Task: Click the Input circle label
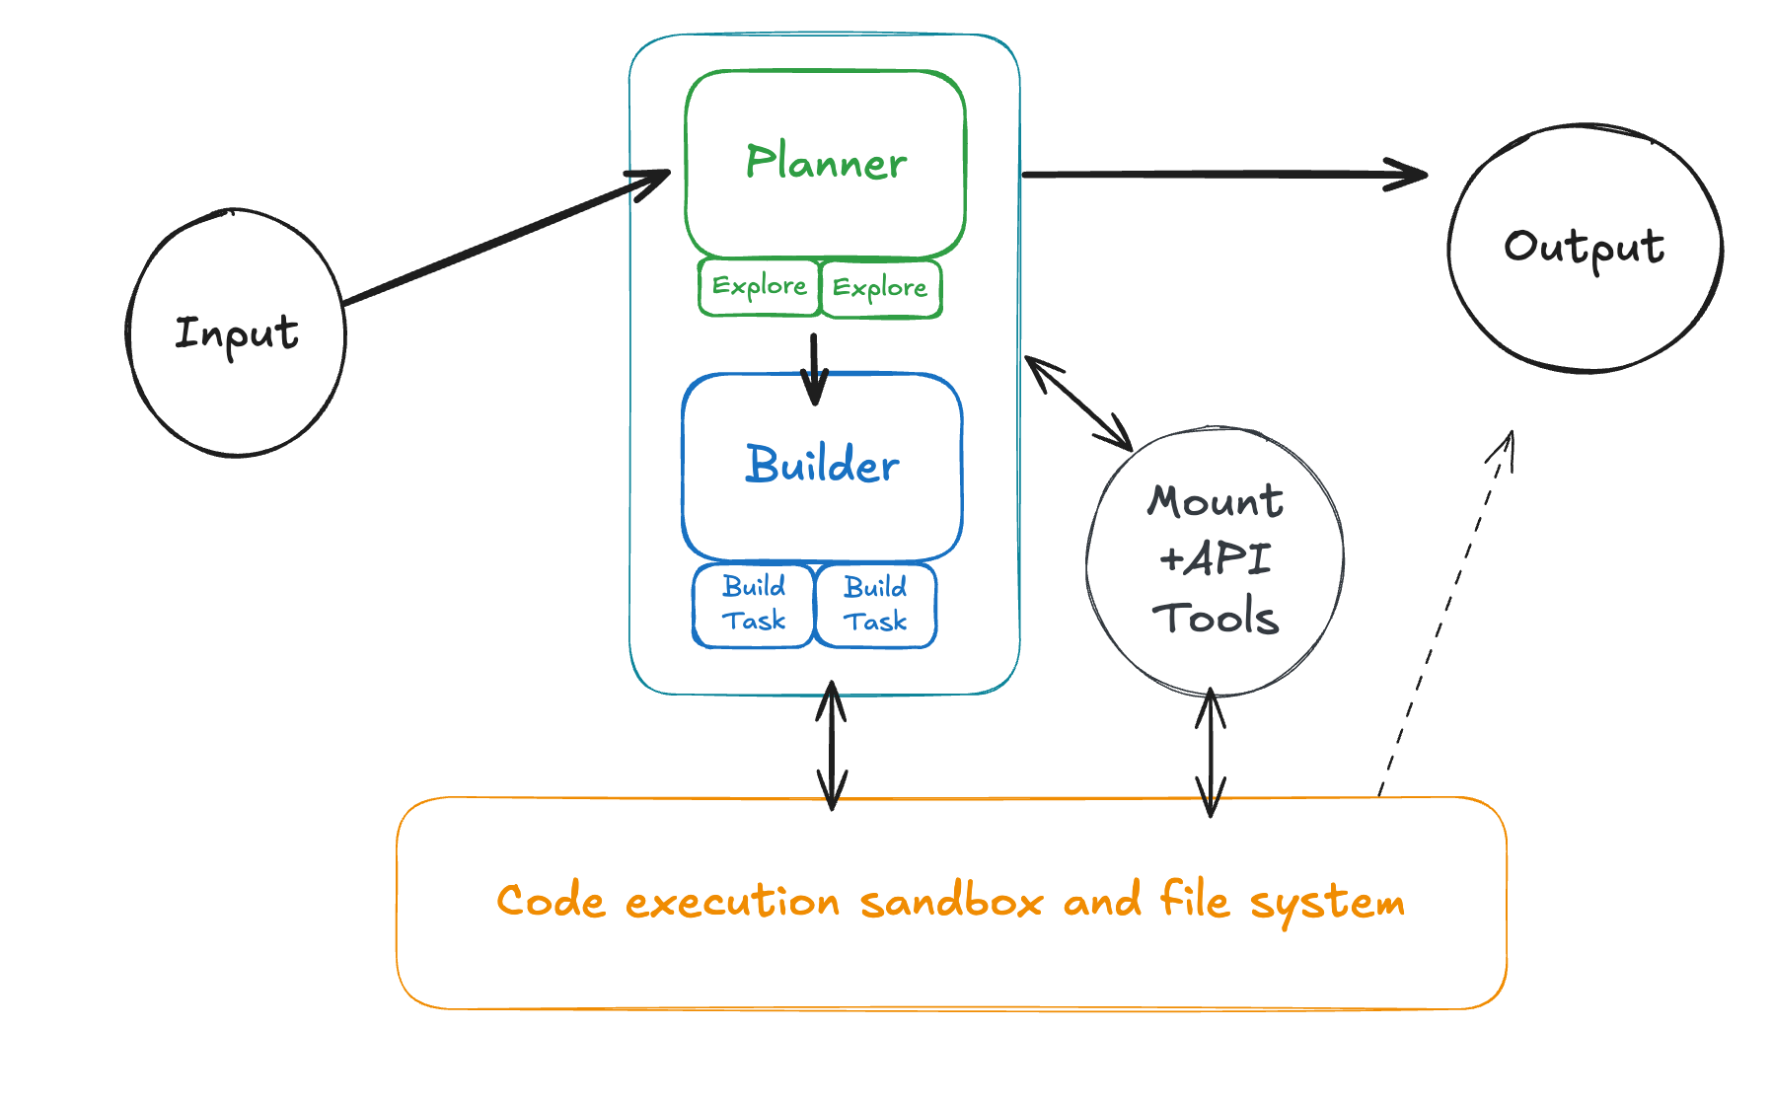pos(237,334)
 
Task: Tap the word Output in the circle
pos(1585,248)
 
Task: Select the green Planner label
pos(826,162)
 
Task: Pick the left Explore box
pos(759,287)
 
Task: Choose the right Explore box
pos(881,288)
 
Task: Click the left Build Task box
pos(754,605)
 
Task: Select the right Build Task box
pos(876,606)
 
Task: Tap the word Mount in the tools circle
pos(1216,501)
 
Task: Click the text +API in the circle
pos(1216,559)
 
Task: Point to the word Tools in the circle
pos(1216,617)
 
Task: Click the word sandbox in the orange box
pos(951,901)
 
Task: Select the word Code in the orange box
pos(551,901)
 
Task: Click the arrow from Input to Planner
pos(507,237)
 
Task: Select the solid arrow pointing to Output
pos(1224,175)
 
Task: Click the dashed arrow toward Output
pos(1445,613)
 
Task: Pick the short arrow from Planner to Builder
pos(814,370)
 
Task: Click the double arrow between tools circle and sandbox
pos(1211,753)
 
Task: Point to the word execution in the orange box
pos(732,901)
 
